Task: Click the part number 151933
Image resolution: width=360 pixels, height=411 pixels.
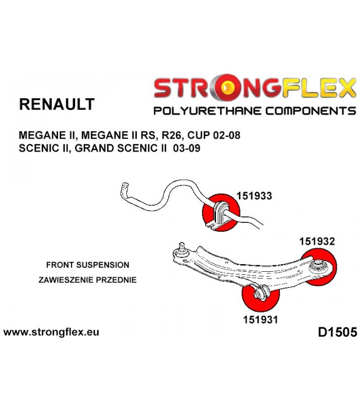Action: coord(254,196)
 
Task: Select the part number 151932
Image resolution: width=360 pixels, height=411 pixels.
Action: coord(317,241)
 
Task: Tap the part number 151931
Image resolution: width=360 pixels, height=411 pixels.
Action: coord(260,320)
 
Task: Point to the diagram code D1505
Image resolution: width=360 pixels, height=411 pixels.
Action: coord(337,332)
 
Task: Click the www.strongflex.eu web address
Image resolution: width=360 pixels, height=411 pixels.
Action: coord(51,332)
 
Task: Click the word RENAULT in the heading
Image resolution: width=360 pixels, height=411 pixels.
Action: coord(57,104)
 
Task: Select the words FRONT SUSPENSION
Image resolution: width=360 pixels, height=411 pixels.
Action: coord(87,265)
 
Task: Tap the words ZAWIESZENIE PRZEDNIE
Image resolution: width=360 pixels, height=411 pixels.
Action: coord(87,279)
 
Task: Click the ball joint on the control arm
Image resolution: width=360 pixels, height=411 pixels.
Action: coord(182,250)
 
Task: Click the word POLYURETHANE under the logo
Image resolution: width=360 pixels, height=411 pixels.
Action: coord(207,111)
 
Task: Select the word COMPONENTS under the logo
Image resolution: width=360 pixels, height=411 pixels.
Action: coord(311,111)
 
